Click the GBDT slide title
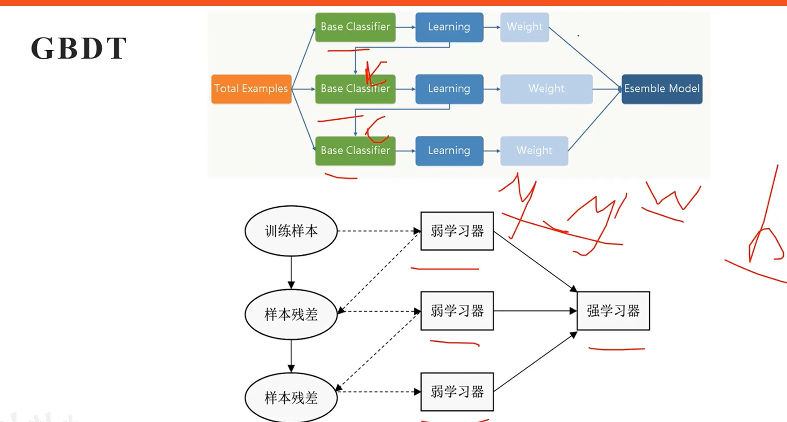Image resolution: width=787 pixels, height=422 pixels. (x=79, y=48)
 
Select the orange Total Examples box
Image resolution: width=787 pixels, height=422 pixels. (x=251, y=89)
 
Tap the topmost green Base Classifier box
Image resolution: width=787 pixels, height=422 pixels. (x=355, y=27)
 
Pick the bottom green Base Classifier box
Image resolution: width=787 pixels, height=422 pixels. (x=355, y=150)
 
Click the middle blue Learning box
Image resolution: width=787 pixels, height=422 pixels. (x=449, y=89)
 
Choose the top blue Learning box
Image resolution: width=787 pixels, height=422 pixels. (x=449, y=27)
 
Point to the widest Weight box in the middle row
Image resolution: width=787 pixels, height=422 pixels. (x=546, y=89)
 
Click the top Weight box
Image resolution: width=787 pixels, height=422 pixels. (x=524, y=27)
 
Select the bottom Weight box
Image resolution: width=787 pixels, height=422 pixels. (x=534, y=150)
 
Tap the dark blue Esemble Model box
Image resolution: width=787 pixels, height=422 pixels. (x=662, y=89)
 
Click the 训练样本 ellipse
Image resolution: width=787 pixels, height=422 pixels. (x=291, y=231)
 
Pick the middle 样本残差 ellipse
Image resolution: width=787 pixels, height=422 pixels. (x=291, y=314)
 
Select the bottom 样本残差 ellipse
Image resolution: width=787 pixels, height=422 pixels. (x=291, y=397)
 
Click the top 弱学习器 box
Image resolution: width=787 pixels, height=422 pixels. (x=457, y=231)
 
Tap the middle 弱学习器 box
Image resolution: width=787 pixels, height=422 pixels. (x=457, y=311)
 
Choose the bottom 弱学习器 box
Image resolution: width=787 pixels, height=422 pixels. (x=457, y=392)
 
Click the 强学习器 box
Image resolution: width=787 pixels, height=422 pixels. (x=613, y=311)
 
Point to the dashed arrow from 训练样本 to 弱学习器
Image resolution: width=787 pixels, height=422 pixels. (x=378, y=231)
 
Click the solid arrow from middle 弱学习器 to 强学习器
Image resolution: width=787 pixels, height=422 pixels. (x=534, y=311)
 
